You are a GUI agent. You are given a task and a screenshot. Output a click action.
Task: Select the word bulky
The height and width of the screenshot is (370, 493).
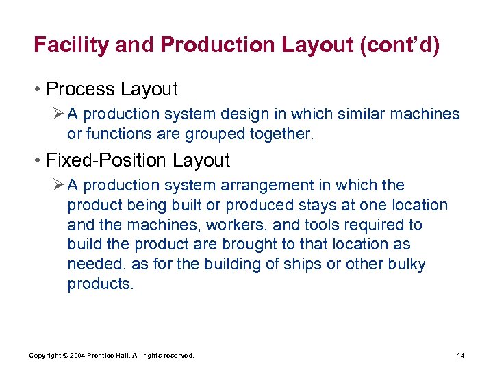(x=405, y=264)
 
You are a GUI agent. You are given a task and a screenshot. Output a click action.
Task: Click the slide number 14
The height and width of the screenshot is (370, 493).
(x=460, y=355)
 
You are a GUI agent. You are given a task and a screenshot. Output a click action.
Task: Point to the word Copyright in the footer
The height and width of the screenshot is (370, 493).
(x=44, y=355)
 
